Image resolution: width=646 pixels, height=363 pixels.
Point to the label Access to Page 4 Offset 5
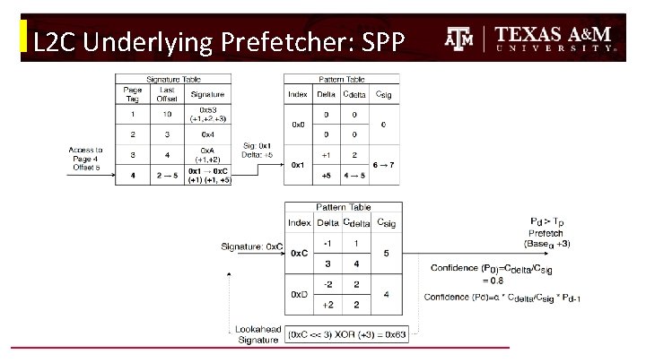[85, 159]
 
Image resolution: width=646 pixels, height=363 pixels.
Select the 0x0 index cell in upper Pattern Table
[298, 125]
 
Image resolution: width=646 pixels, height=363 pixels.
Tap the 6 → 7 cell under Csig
[384, 165]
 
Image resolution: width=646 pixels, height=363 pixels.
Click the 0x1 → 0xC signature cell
[208, 175]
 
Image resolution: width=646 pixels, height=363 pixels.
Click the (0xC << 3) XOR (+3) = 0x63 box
[347, 335]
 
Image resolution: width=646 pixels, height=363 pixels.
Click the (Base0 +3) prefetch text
[548, 243]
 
